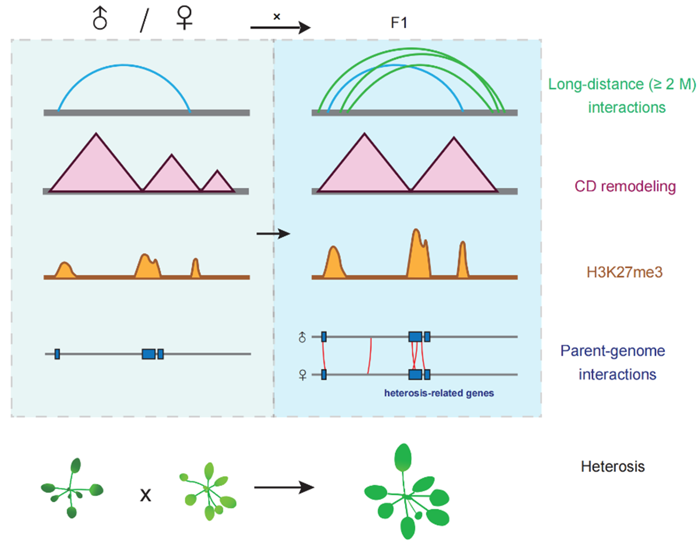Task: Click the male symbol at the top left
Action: [x=100, y=19]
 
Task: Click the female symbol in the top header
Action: [x=184, y=18]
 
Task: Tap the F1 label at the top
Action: [x=399, y=23]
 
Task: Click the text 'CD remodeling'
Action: [x=625, y=186]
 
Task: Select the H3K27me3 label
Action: [x=624, y=272]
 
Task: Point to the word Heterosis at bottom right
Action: [x=612, y=466]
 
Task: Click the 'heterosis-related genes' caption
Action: [x=439, y=393]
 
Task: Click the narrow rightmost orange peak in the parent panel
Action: [x=195, y=268]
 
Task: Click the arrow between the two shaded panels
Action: [x=273, y=234]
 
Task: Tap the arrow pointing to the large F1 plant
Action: [x=284, y=487]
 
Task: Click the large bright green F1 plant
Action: [x=407, y=494]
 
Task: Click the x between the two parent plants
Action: [x=146, y=495]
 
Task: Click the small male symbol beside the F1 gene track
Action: [x=302, y=337]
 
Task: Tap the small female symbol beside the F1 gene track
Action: [x=302, y=375]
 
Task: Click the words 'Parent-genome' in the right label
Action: [x=612, y=351]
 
